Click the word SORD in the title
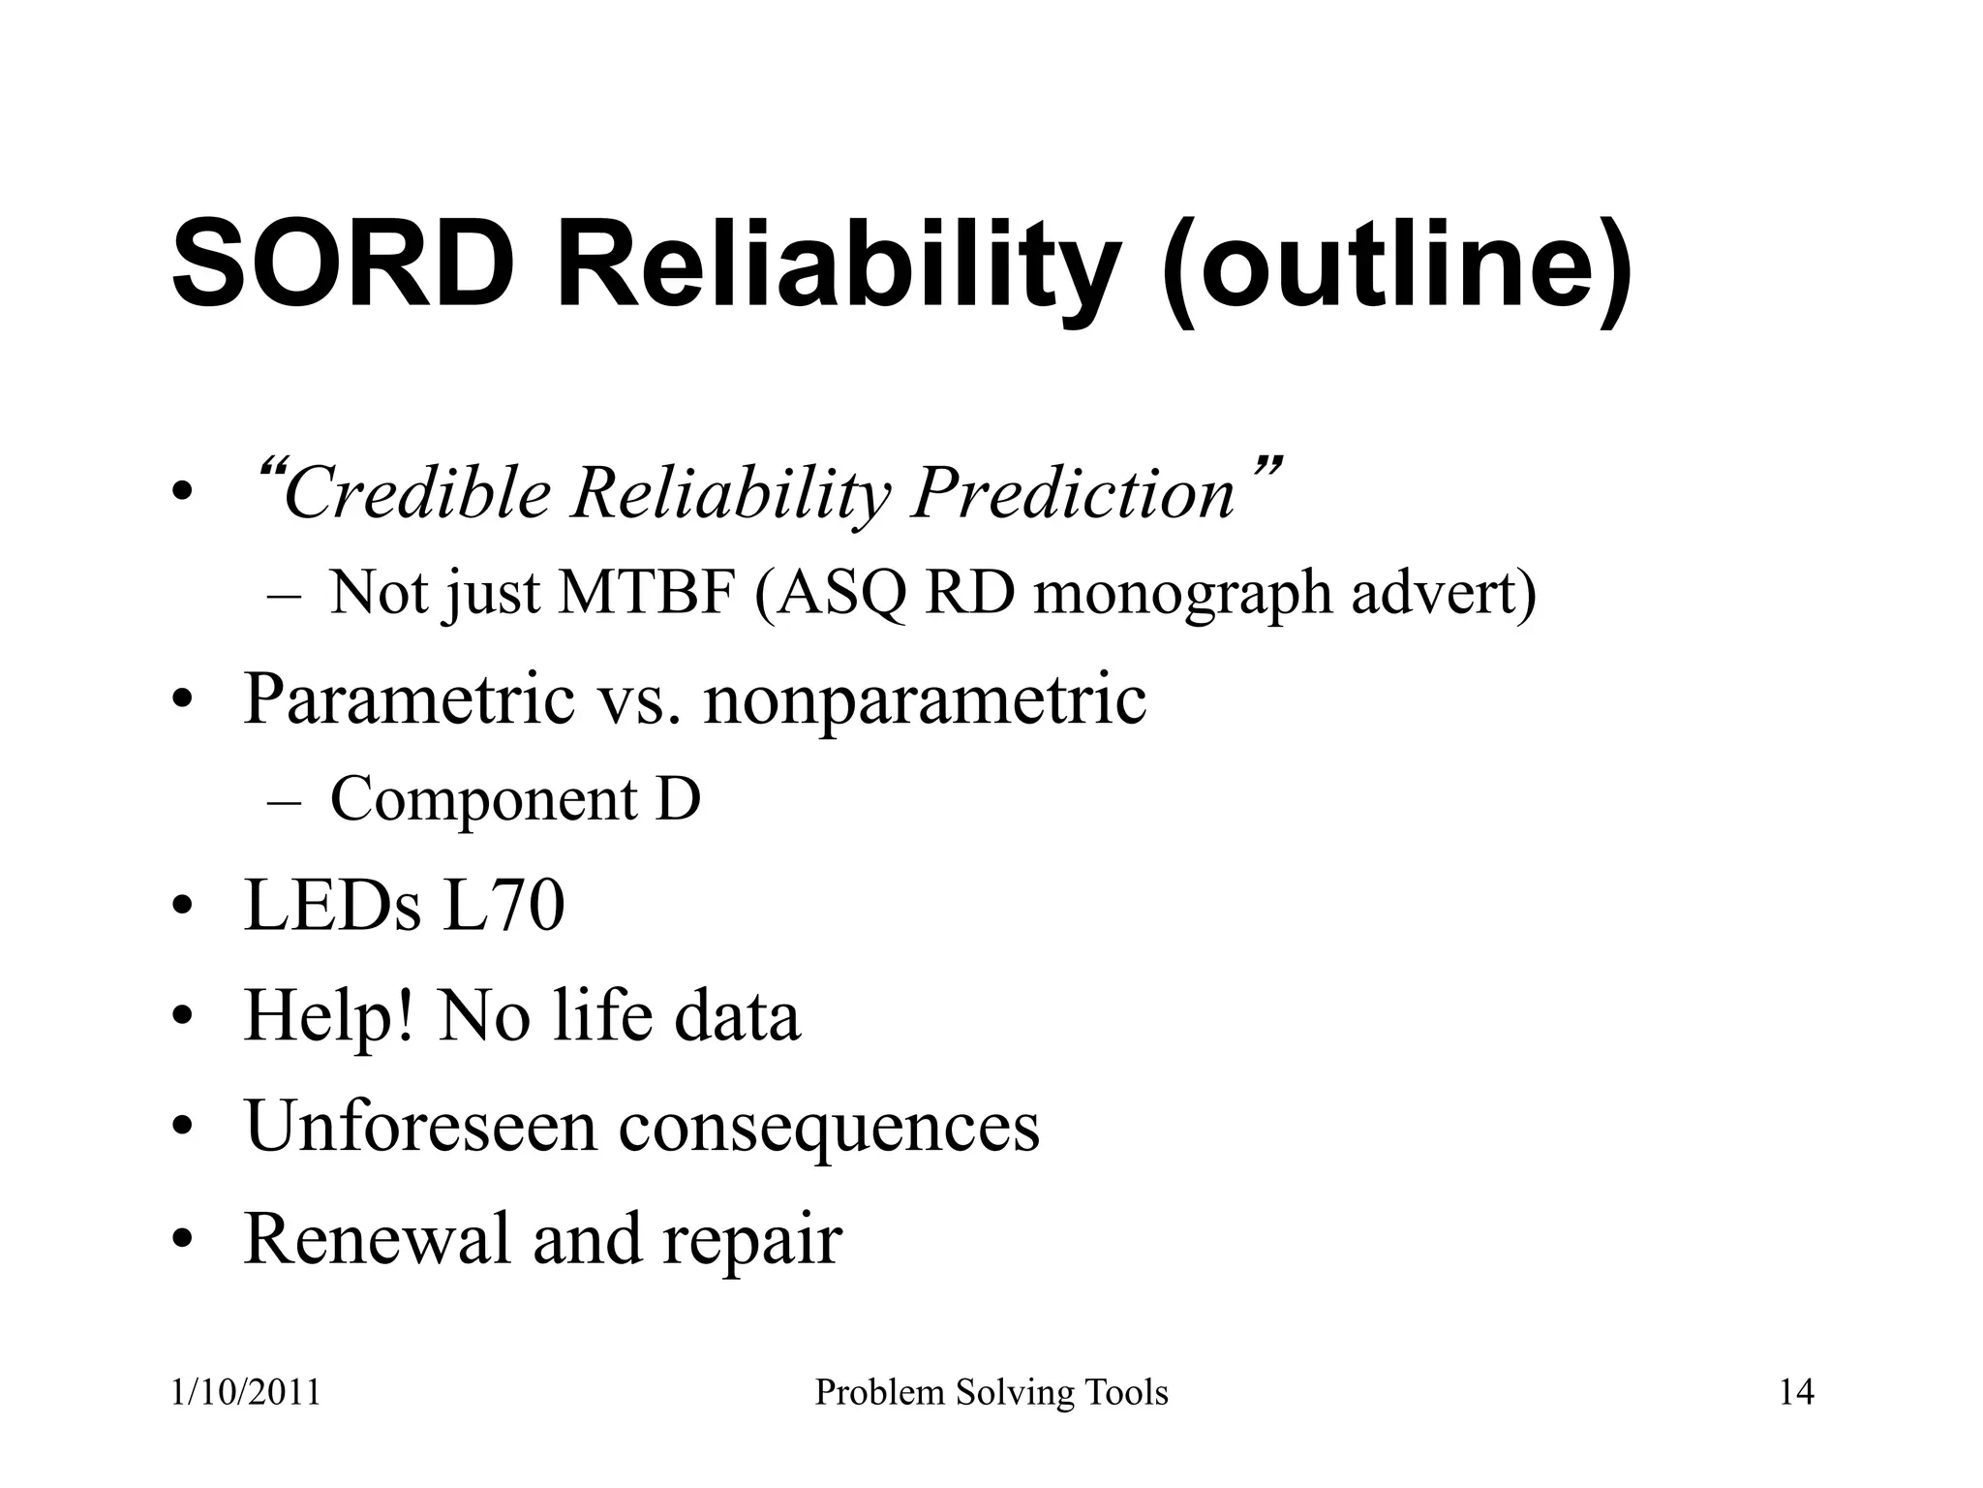click(343, 265)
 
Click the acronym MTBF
click(645, 593)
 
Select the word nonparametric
click(926, 699)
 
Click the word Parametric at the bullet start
click(409, 699)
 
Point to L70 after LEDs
click(503, 907)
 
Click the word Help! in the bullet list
click(329, 1016)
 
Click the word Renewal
click(376, 1238)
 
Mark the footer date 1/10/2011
click(245, 1393)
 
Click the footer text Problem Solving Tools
click(991, 1393)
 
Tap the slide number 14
click(1797, 1393)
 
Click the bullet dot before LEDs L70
click(181, 909)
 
